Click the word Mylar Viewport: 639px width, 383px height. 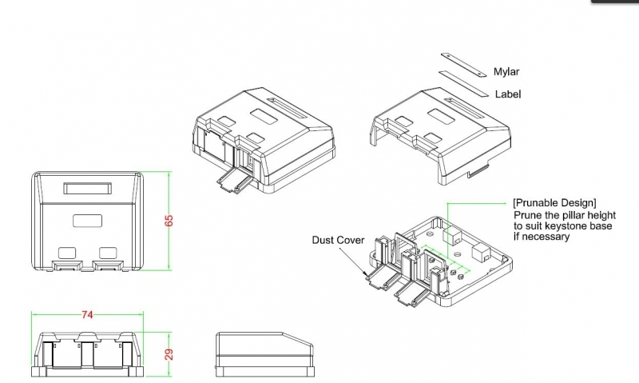(506, 71)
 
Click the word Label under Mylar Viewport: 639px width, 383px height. (508, 94)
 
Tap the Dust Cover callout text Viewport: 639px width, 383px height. (338, 240)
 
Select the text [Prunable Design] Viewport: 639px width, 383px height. (554, 202)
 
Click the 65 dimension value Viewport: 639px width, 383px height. (169, 221)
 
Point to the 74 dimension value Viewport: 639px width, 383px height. (87, 314)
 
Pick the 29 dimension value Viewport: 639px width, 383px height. (169, 353)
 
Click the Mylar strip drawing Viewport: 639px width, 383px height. (462, 64)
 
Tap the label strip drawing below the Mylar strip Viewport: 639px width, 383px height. (462, 82)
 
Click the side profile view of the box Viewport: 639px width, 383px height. (264, 353)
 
